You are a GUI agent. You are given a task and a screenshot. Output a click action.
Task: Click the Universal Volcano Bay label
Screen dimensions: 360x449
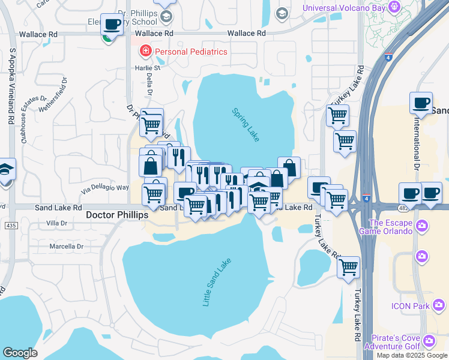(344, 8)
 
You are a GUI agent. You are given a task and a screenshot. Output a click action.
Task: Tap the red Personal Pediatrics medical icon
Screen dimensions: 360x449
(145, 52)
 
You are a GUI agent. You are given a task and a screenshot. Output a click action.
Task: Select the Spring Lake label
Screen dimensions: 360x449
(247, 124)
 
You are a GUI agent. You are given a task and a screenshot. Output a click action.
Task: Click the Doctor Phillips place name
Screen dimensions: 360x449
(116, 215)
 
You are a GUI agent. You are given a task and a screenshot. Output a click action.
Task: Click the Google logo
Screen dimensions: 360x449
(20, 353)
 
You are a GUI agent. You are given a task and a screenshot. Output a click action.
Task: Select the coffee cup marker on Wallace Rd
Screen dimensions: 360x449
(112, 24)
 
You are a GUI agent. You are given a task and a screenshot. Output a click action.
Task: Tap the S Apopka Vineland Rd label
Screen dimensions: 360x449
(11, 90)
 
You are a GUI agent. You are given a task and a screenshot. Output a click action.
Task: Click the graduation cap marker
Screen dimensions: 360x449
(6, 170)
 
